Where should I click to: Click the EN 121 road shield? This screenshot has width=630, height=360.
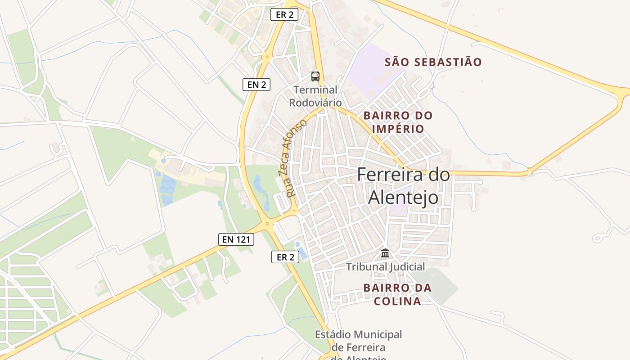pos(236,239)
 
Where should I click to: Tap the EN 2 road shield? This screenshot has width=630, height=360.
pos(256,84)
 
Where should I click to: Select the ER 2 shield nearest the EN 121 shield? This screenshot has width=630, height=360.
pos(285,257)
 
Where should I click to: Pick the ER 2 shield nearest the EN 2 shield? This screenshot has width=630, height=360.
pos(284,14)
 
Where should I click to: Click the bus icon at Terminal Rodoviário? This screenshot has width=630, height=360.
pos(315,76)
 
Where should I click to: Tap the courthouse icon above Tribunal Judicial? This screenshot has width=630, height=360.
pos(385,253)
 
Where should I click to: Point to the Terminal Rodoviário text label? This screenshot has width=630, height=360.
pos(315,96)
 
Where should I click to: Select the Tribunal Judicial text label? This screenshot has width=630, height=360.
pos(385,267)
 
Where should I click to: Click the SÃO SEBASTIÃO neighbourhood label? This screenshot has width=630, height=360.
pos(433,62)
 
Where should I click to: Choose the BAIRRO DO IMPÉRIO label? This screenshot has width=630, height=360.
pos(398,122)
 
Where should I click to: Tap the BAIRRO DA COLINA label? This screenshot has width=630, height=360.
pos(398,294)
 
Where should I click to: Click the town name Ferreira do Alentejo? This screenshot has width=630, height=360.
pos(403,186)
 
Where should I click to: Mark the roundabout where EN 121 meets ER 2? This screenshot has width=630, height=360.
pos(267,224)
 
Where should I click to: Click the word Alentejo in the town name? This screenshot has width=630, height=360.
pos(403,197)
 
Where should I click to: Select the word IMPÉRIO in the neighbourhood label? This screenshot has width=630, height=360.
pos(398,129)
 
